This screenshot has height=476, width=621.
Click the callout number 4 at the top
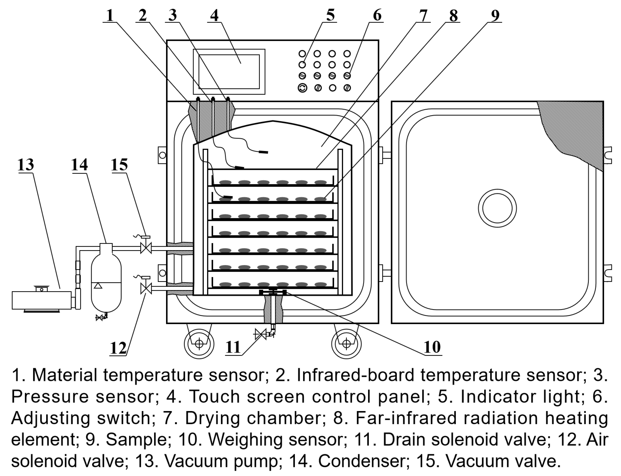click(214, 15)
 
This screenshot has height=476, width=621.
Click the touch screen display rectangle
click(229, 72)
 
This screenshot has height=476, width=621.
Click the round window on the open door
click(497, 208)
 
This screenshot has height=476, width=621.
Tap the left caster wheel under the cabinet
click(199, 344)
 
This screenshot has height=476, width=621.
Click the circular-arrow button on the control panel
click(302, 88)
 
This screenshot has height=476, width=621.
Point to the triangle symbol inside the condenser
click(98, 286)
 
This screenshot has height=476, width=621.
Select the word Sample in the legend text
click(136, 440)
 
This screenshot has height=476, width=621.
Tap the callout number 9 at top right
click(495, 15)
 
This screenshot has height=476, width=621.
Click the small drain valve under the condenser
click(99, 318)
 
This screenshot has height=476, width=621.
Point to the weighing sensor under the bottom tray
click(273, 292)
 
